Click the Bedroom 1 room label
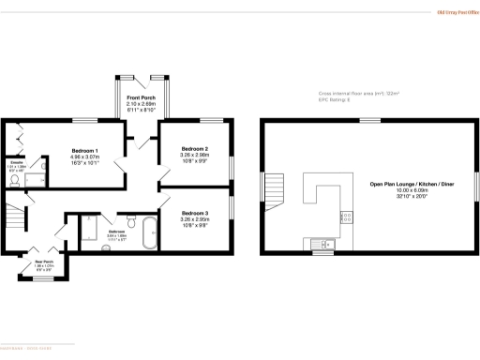(85, 150)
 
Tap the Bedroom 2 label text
(194, 149)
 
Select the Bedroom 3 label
(194, 213)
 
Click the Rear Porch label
(45, 262)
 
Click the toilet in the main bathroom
(131, 221)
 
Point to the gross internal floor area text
(352, 93)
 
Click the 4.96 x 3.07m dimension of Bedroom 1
(85, 157)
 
